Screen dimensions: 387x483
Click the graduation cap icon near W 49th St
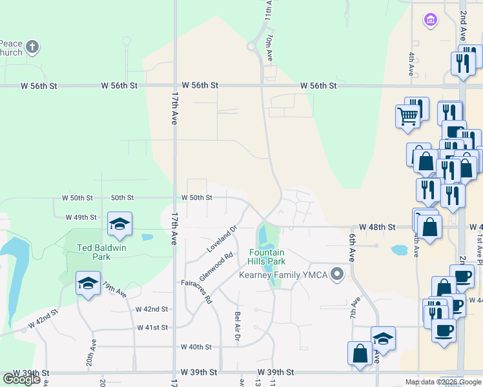click(x=119, y=224)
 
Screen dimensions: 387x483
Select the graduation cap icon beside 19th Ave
click(x=88, y=283)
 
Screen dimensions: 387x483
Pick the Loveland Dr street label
click(x=223, y=239)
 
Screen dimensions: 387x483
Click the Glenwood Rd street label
click(x=216, y=266)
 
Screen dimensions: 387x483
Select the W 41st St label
click(x=152, y=328)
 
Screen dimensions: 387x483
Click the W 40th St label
click(x=196, y=347)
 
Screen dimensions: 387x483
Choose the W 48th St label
click(x=378, y=227)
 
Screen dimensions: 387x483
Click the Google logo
click(x=21, y=379)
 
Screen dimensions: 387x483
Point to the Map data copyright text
click(x=442, y=382)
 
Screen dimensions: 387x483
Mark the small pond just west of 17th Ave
click(x=147, y=237)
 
